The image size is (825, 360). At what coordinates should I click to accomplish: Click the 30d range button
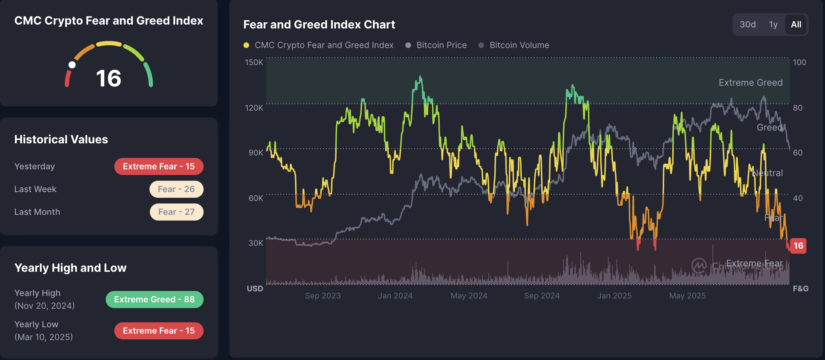tap(747, 25)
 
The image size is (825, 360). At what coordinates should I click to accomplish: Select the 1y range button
tap(773, 25)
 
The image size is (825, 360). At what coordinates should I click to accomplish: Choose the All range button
tap(796, 25)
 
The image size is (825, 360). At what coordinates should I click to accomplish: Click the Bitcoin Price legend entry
tap(441, 45)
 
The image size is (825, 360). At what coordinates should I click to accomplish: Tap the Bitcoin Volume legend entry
tap(519, 45)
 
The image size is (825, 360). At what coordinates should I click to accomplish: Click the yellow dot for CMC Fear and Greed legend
tap(246, 45)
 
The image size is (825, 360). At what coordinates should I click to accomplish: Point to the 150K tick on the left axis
tap(254, 62)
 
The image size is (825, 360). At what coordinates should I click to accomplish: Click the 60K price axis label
tap(256, 198)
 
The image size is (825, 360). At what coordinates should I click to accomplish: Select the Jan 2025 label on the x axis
tap(614, 296)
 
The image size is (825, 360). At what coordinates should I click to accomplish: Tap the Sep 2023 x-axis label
tap(323, 296)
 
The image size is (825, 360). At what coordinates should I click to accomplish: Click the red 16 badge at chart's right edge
tap(798, 246)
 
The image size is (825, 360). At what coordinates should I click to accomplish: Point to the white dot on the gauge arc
tap(72, 65)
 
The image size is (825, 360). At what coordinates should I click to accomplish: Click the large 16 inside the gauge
tap(109, 78)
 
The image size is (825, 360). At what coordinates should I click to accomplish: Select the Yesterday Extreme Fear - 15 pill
tap(159, 166)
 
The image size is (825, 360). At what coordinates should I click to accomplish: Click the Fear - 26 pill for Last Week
tap(176, 189)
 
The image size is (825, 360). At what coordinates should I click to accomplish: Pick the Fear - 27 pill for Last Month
tap(177, 212)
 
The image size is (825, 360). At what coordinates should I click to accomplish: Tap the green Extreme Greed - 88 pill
tap(154, 300)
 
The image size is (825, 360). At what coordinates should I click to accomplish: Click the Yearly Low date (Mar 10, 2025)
tap(44, 337)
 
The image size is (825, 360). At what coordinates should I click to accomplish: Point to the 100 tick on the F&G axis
tap(799, 62)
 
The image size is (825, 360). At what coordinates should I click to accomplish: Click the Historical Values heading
tap(61, 139)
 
